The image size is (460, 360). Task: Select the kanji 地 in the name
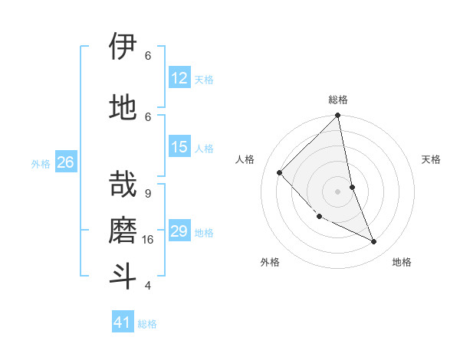click(x=123, y=106)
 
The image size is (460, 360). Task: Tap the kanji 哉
click(x=123, y=184)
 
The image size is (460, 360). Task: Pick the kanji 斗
click(x=123, y=276)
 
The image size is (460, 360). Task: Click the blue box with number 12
click(x=179, y=78)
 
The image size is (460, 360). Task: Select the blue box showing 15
click(x=179, y=147)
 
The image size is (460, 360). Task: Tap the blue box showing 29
click(x=179, y=231)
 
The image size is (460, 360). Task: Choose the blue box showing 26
click(x=65, y=162)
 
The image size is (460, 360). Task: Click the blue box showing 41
click(x=123, y=322)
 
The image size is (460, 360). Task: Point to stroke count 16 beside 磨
click(x=149, y=240)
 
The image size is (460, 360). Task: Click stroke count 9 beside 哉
click(x=148, y=193)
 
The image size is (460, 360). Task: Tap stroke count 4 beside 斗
click(x=148, y=286)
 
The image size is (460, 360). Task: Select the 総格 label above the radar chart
click(x=338, y=100)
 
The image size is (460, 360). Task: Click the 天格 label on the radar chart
click(x=431, y=159)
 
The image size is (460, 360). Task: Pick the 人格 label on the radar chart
click(x=245, y=159)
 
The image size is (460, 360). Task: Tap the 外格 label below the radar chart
click(x=270, y=262)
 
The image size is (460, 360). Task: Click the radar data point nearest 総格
click(x=338, y=116)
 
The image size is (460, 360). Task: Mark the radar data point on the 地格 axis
click(x=374, y=241)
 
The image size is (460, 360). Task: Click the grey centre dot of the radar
click(x=338, y=191)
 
